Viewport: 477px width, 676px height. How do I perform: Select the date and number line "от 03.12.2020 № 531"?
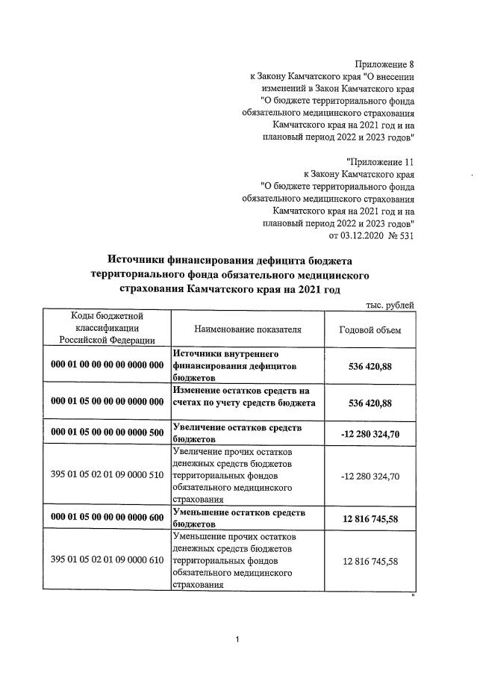[x=371, y=235]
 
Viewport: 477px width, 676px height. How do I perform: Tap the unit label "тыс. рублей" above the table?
[x=390, y=305]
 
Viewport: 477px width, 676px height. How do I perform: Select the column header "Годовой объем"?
[x=370, y=329]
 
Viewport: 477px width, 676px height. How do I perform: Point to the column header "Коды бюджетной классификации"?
[x=107, y=328]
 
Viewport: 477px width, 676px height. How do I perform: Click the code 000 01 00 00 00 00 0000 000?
[x=107, y=365]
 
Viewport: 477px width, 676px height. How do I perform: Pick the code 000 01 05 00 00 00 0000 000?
[x=107, y=402]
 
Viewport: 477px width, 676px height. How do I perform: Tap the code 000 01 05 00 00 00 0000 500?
[x=107, y=432]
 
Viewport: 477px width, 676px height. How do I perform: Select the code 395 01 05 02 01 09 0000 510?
[x=107, y=476]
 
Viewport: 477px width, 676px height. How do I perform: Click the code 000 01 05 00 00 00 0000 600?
[x=107, y=518]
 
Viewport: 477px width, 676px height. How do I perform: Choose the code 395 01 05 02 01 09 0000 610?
[x=107, y=561]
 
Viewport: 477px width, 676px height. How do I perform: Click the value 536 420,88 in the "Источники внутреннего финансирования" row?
[x=370, y=365]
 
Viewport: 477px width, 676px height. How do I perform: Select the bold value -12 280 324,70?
[x=370, y=433]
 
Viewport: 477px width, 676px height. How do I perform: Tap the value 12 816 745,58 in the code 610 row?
[x=370, y=561]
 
